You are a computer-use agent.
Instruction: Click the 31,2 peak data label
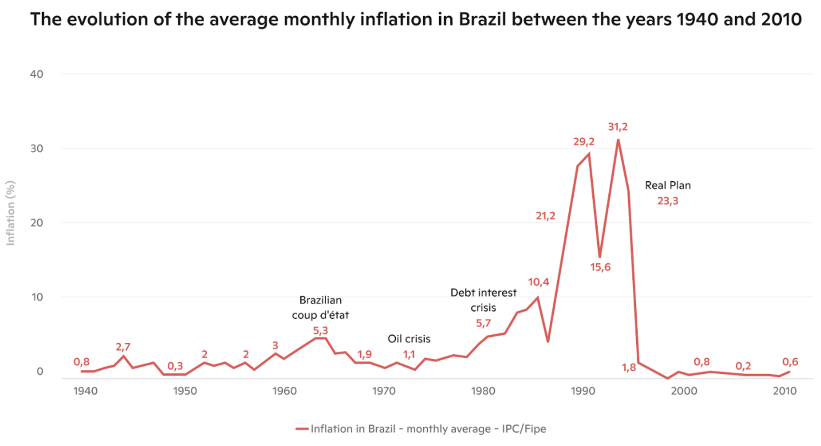click(x=617, y=127)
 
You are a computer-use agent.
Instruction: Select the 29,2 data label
click(x=583, y=142)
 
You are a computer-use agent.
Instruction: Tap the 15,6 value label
click(x=600, y=267)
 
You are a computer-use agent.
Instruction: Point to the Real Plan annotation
click(x=668, y=185)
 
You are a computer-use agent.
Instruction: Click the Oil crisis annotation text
click(x=409, y=339)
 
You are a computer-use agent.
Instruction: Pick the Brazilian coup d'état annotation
click(x=320, y=307)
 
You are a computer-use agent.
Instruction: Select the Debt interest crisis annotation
click(x=483, y=300)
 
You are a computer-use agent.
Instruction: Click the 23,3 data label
click(x=668, y=201)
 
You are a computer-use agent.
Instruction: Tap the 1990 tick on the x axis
click(x=583, y=391)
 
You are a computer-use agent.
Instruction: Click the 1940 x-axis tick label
click(x=85, y=391)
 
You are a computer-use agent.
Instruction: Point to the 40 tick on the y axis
click(x=37, y=74)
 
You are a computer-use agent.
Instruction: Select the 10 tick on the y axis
click(x=37, y=297)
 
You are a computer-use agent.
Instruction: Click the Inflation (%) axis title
click(x=10, y=213)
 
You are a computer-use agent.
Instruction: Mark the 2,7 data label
click(x=123, y=347)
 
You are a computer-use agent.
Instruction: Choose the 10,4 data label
click(x=538, y=282)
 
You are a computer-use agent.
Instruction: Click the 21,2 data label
click(x=545, y=216)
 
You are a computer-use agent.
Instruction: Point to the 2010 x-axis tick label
click(x=784, y=391)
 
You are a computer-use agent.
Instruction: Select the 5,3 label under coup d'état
click(x=320, y=331)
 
